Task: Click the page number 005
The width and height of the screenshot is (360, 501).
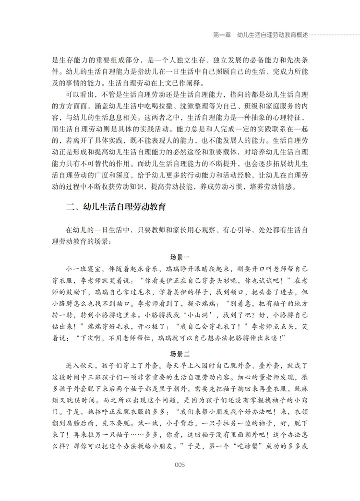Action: (180, 464)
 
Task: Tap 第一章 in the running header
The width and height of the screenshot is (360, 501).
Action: (221, 36)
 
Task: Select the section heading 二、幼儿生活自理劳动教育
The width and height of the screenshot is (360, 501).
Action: (116, 208)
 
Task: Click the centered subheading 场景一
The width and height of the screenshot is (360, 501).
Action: (180, 257)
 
